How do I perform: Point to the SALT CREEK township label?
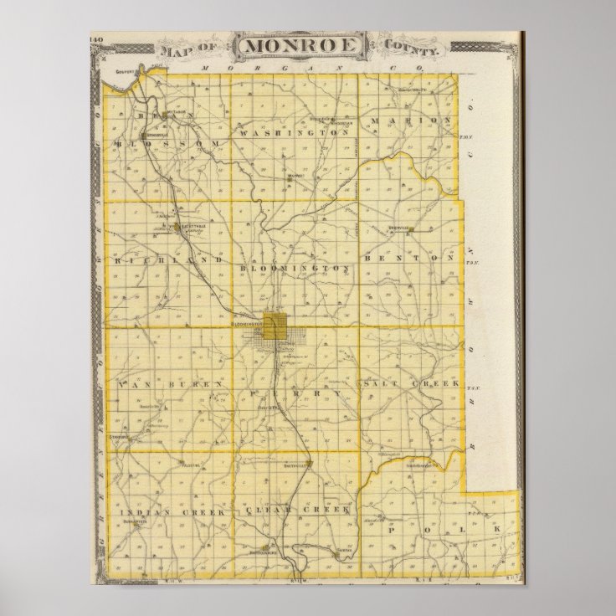point(412,382)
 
